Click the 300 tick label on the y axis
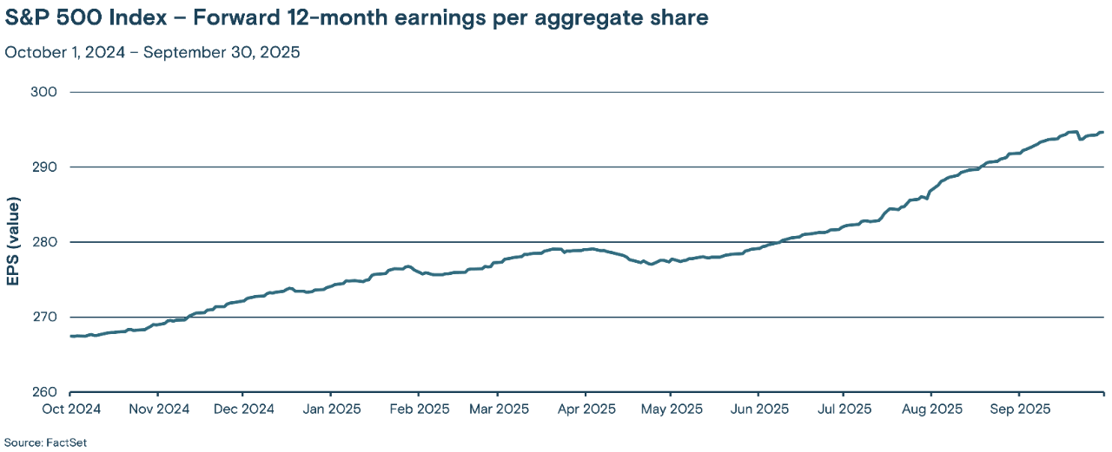click(x=45, y=92)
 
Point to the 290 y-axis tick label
click(x=45, y=167)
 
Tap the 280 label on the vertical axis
click(x=45, y=242)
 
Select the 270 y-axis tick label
click(x=45, y=317)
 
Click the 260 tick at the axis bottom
click(x=45, y=392)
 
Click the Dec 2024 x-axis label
click(x=243, y=408)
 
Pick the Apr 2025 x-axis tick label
click(x=586, y=408)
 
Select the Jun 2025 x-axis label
click(x=758, y=408)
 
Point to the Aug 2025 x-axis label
click(x=930, y=408)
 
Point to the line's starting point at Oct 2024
click(x=69, y=336)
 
